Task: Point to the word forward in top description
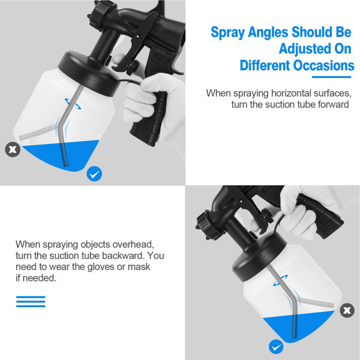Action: pyautogui.click(x=332, y=104)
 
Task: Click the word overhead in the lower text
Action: pyautogui.click(x=134, y=245)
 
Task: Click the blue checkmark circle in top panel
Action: pyautogui.click(x=94, y=174)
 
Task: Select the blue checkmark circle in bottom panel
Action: pyautogui.click(x=275, y=347)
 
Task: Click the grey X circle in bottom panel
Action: pyautogui.click(x=346, y=310)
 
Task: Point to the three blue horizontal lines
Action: pyautogui.click(x=31, y=301)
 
